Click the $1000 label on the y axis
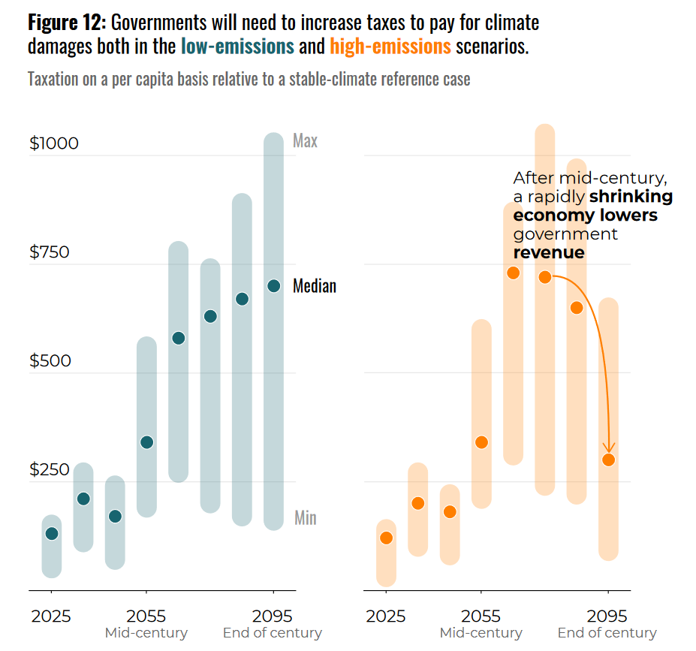[x=54, y=143]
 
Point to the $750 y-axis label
[x=50, y=252]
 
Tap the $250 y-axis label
[x=50, y=470]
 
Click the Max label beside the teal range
[x=305, y=141]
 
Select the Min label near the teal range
[x=305, y=518]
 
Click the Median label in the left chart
[x=315, y=286]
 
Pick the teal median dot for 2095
[x=274, y=286]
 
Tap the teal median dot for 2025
[x=51, y=534]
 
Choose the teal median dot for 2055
[x=147, y=442]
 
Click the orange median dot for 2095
[x=609, y=460]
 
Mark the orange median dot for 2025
[x=387, y=538]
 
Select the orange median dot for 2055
[x=482, y=442]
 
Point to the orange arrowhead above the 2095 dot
[x=609, y=448]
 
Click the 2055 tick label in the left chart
[x=146, y=616]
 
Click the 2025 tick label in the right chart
[x=386, y=616]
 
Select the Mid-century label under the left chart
[x=146, y=633]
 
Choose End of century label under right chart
[x=607, y=633]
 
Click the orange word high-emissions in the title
[x=390, y=47]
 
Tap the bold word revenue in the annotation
[x=549, y=252]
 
